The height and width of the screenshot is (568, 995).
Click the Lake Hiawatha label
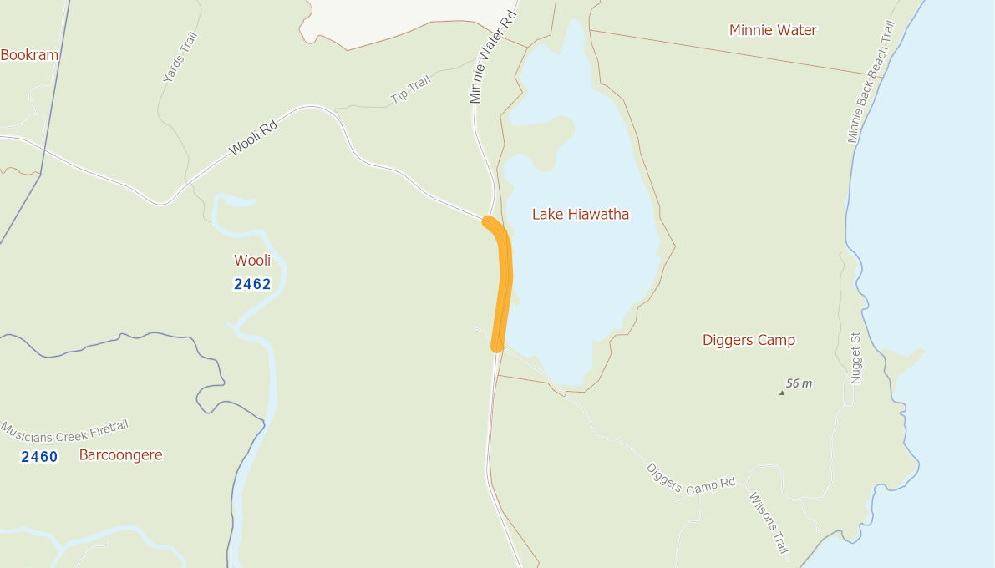click(x=581, y=215)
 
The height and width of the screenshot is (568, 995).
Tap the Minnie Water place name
click(x=773, y=31)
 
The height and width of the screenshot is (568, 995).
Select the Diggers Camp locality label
click(x=749, y=340)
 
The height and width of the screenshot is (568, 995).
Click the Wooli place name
click(x=252, y=261)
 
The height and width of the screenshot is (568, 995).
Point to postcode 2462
click(x=252, y=284)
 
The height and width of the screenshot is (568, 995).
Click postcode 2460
click(x=39, y=457)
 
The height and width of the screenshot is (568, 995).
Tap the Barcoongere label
click(x=120, y=455)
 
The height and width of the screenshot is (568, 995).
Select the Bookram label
click(x=30, y=55)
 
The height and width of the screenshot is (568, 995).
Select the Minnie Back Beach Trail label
click(x=871, y=83)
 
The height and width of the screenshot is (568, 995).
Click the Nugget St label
click(x=855, y=364)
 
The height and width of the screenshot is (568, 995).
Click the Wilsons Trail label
click(x=768, y=523)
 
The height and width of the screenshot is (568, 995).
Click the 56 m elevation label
click(x=800, y=383)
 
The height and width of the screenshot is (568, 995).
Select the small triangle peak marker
click(x=782, y=392)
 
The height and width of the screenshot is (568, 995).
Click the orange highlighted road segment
click(x=504, y=284)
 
